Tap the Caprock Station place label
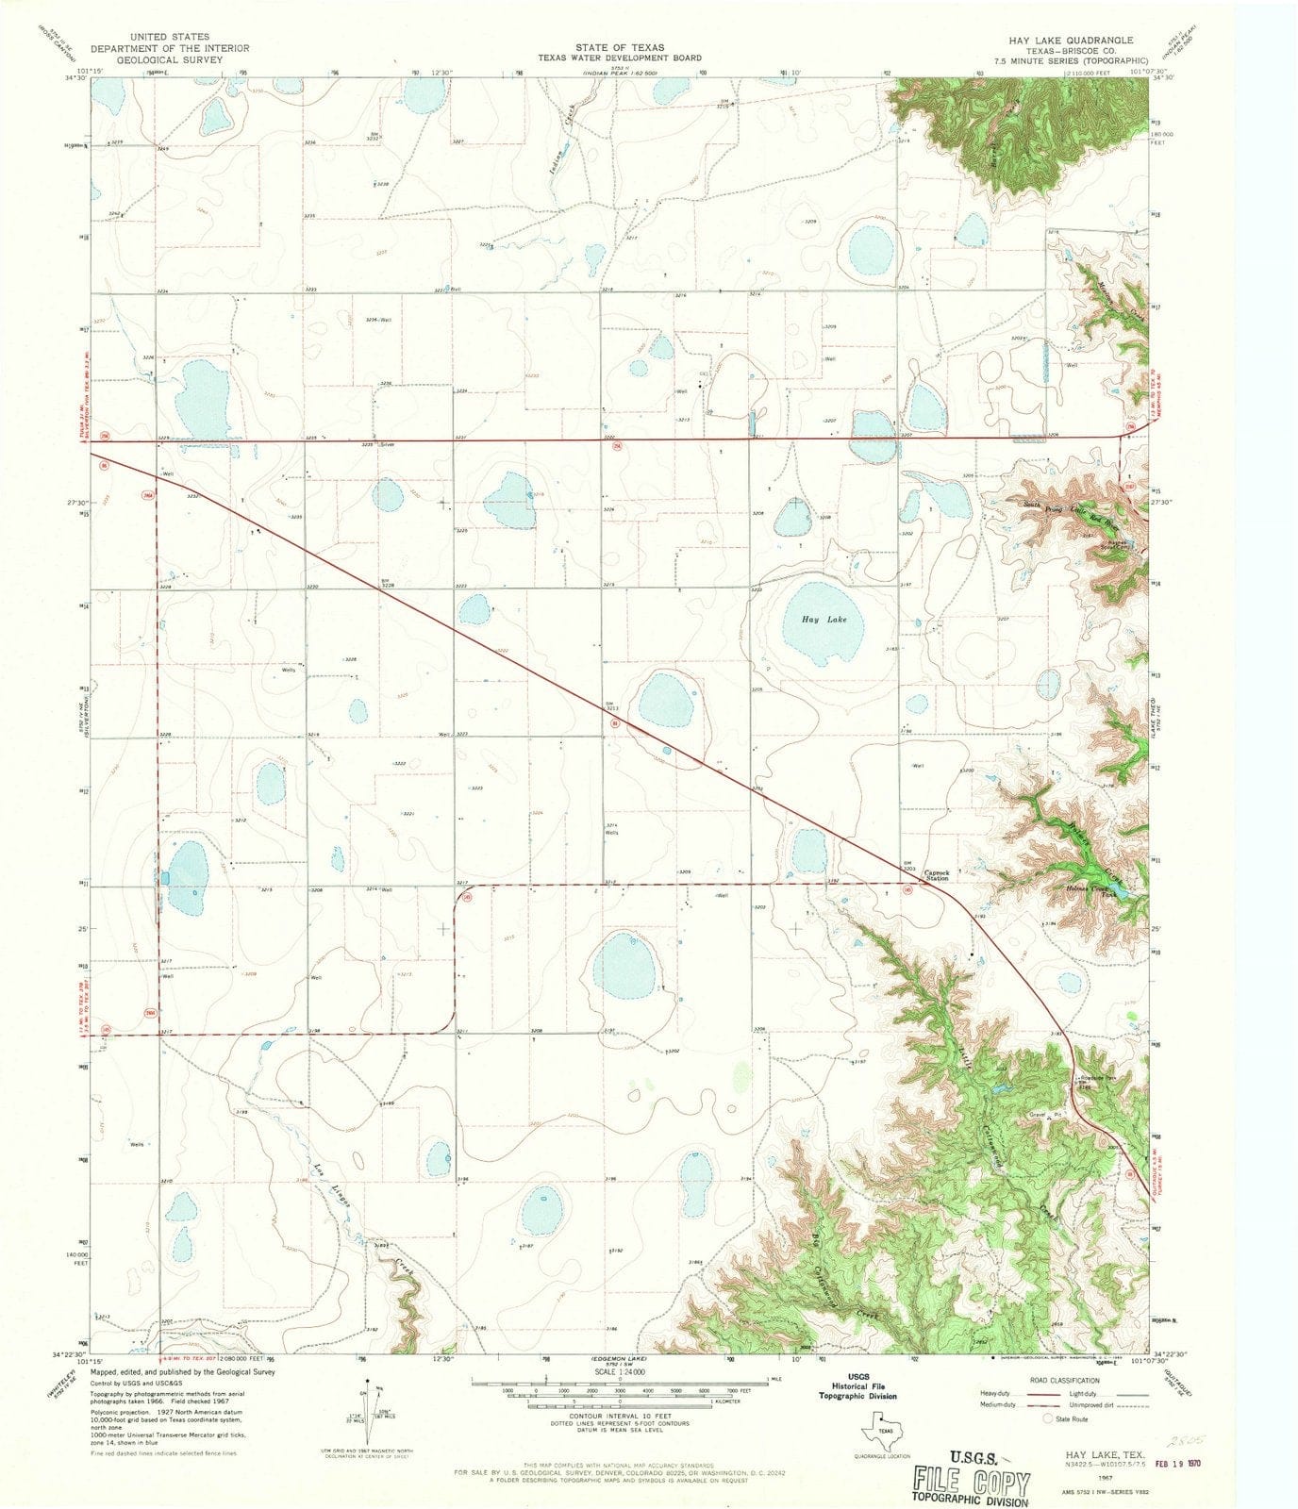click(x=941, y=875)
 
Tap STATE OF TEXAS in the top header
click(x=622, y=47)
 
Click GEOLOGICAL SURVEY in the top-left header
click(x=170, y=59)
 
